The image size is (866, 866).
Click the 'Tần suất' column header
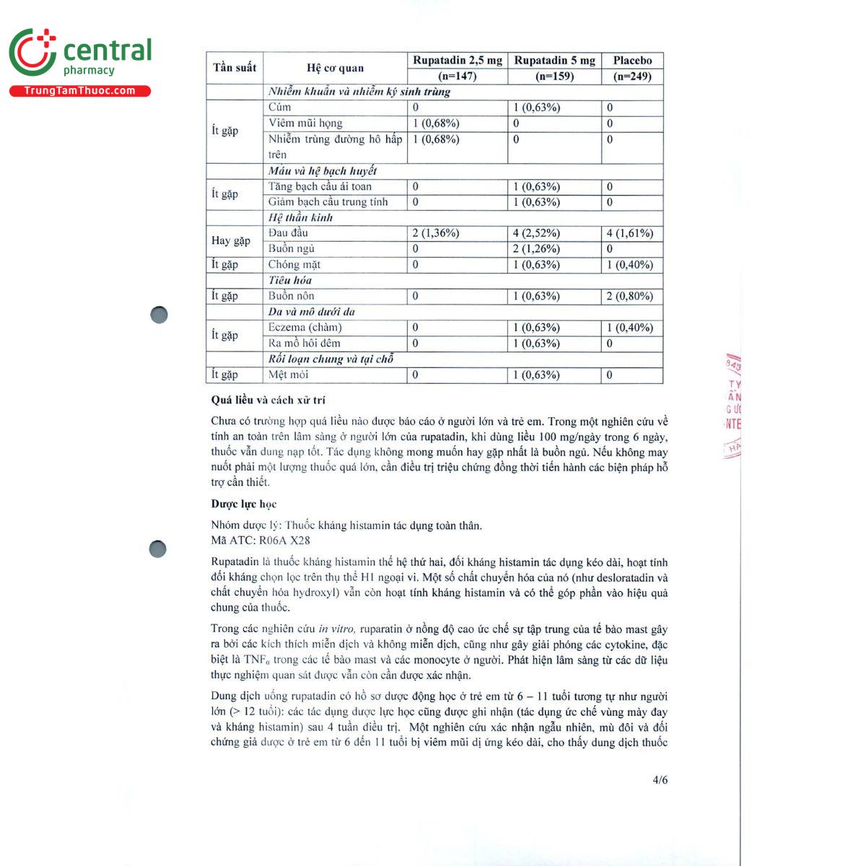235,68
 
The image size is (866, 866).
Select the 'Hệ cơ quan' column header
335,69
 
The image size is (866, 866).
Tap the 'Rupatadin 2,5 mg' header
458,61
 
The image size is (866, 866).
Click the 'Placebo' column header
632,61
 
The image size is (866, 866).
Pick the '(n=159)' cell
554,76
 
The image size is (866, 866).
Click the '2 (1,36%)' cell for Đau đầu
436,233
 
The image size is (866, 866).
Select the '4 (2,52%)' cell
536,233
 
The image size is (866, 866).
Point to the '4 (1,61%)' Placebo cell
630,233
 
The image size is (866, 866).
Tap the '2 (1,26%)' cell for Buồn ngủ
536,249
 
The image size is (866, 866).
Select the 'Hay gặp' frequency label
231,241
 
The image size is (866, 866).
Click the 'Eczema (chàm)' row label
305,328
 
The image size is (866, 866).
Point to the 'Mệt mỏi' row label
289,375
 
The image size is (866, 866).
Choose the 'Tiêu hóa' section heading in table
290,280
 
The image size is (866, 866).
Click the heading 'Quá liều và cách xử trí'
268,400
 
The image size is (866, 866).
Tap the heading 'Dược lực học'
244,504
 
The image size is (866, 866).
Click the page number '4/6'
660,779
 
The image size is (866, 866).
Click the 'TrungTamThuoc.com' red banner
79,91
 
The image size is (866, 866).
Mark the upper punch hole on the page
159,315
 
